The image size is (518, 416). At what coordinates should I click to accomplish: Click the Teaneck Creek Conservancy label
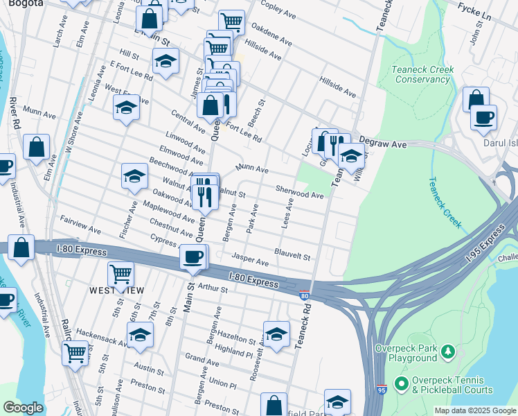point(422,74)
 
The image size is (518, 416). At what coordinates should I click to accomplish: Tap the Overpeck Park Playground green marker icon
point(449,352)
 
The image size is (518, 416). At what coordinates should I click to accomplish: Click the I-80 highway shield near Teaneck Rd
point(305,296)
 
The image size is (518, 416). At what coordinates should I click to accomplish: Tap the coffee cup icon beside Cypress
point(193,257)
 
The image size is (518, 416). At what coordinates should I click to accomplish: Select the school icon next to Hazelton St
point(276,334)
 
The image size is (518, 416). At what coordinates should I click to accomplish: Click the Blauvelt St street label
point(292,255)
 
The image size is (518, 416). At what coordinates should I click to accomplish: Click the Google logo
point(22,408)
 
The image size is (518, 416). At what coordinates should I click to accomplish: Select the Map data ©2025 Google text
point(474,410)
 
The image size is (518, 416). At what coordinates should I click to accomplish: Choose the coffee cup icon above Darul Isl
point(483,116)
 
